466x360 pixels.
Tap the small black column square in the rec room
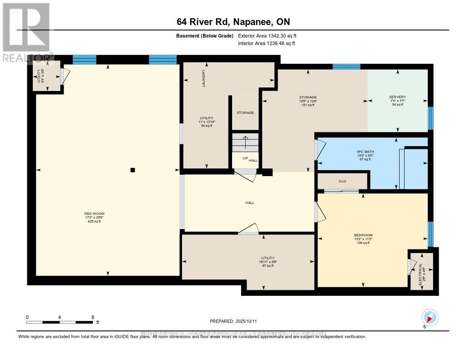coord(132,170)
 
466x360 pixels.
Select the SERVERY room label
coord(397,97)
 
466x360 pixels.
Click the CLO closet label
coord(342,181)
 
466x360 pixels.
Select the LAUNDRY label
coord(204,78)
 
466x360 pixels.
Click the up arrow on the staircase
coord(245,142)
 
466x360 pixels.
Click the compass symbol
coord(430,317)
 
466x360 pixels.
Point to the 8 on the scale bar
coord(93,317)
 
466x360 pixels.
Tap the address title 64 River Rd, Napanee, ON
coord(233,22)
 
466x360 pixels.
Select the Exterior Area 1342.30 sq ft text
coord(268,36)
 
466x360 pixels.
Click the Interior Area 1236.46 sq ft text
coord(267,44)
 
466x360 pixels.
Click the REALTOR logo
coord(26,32)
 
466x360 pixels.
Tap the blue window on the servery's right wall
coord(430,118)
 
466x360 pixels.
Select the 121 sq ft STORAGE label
coord(308,101)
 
